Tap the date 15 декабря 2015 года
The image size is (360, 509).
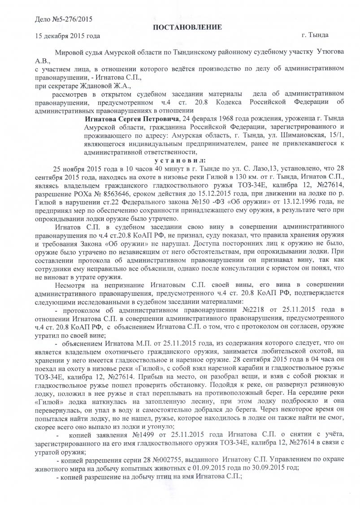(67, 35)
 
